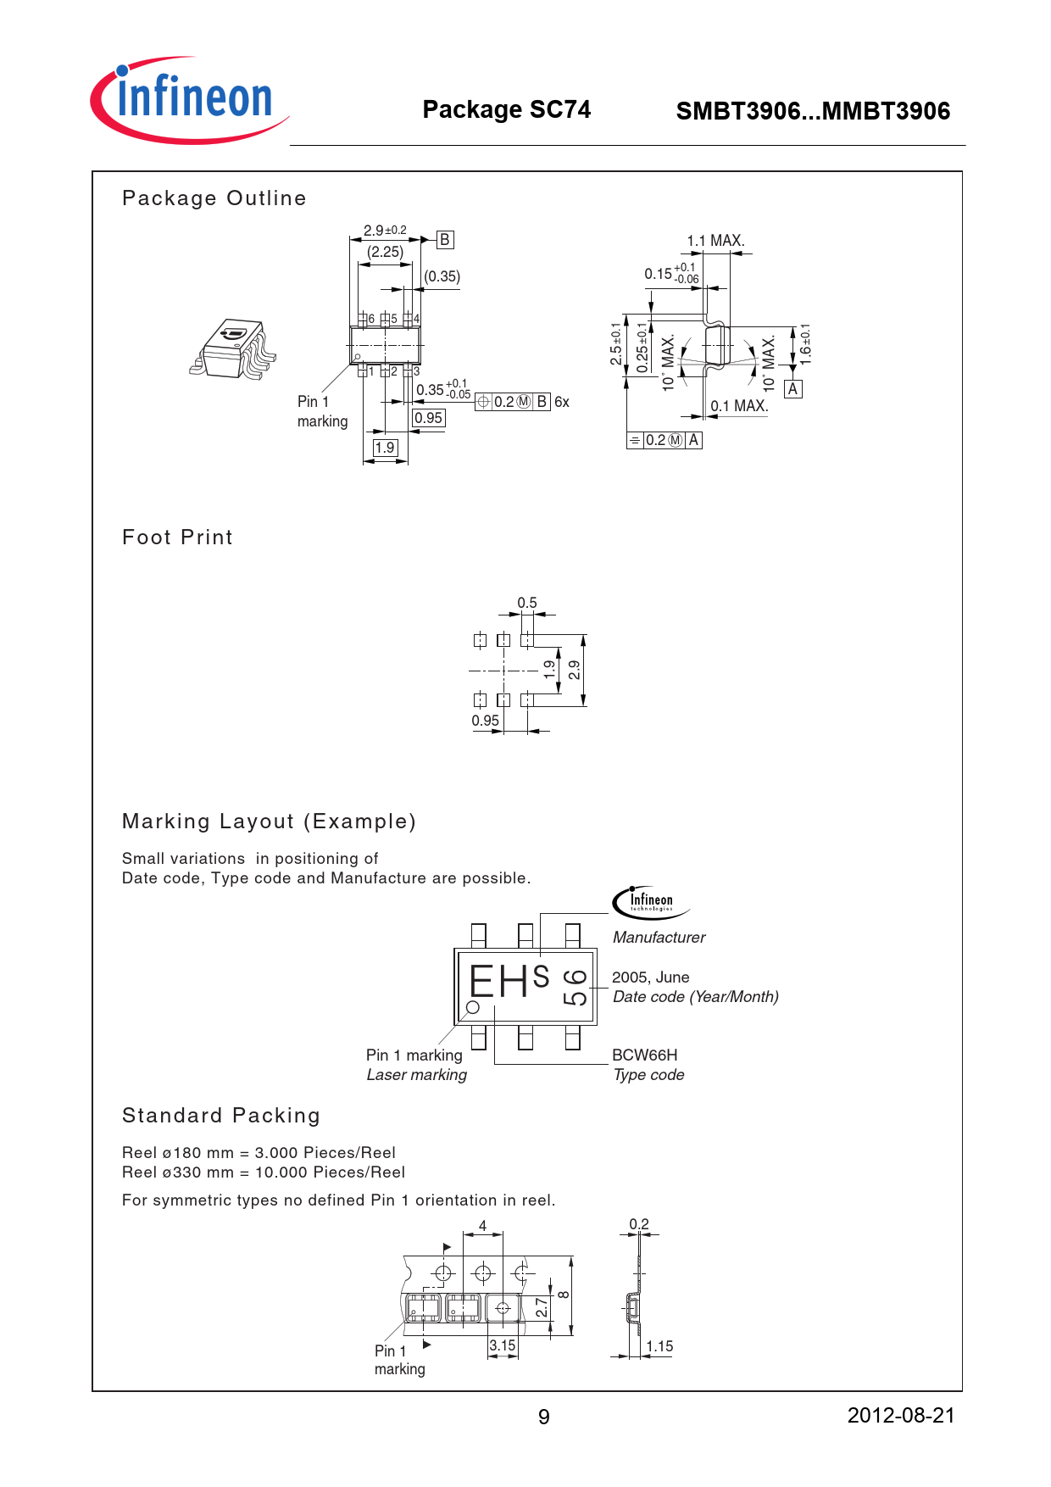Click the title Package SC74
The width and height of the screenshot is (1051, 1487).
point(506,109)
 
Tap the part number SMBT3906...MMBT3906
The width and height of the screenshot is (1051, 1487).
point(812,111)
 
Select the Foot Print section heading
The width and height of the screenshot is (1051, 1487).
point(177,537)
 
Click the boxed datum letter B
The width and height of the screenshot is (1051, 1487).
point(445,240)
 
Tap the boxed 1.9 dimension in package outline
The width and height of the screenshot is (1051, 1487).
point(385,448)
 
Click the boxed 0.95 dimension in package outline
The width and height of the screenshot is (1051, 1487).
point(428,418)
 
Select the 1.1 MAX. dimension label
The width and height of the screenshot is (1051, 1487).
point(715,241)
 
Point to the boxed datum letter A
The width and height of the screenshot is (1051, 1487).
point(792,389)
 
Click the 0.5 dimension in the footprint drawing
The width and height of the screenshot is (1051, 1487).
point(527,603)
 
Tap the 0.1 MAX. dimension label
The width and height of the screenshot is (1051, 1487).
point(739,406)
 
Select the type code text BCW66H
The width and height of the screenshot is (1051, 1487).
point(644,1055)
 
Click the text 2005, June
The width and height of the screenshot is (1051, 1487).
point(650,977)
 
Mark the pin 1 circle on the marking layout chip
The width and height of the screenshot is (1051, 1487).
point(473,1007)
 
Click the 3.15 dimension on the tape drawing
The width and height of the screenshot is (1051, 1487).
point(503,1345)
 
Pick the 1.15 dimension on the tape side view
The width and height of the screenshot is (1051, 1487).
point(659,1346)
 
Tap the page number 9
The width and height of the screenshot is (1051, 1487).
point(543,1417)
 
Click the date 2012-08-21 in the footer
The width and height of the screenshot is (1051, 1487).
point(900,1415)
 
